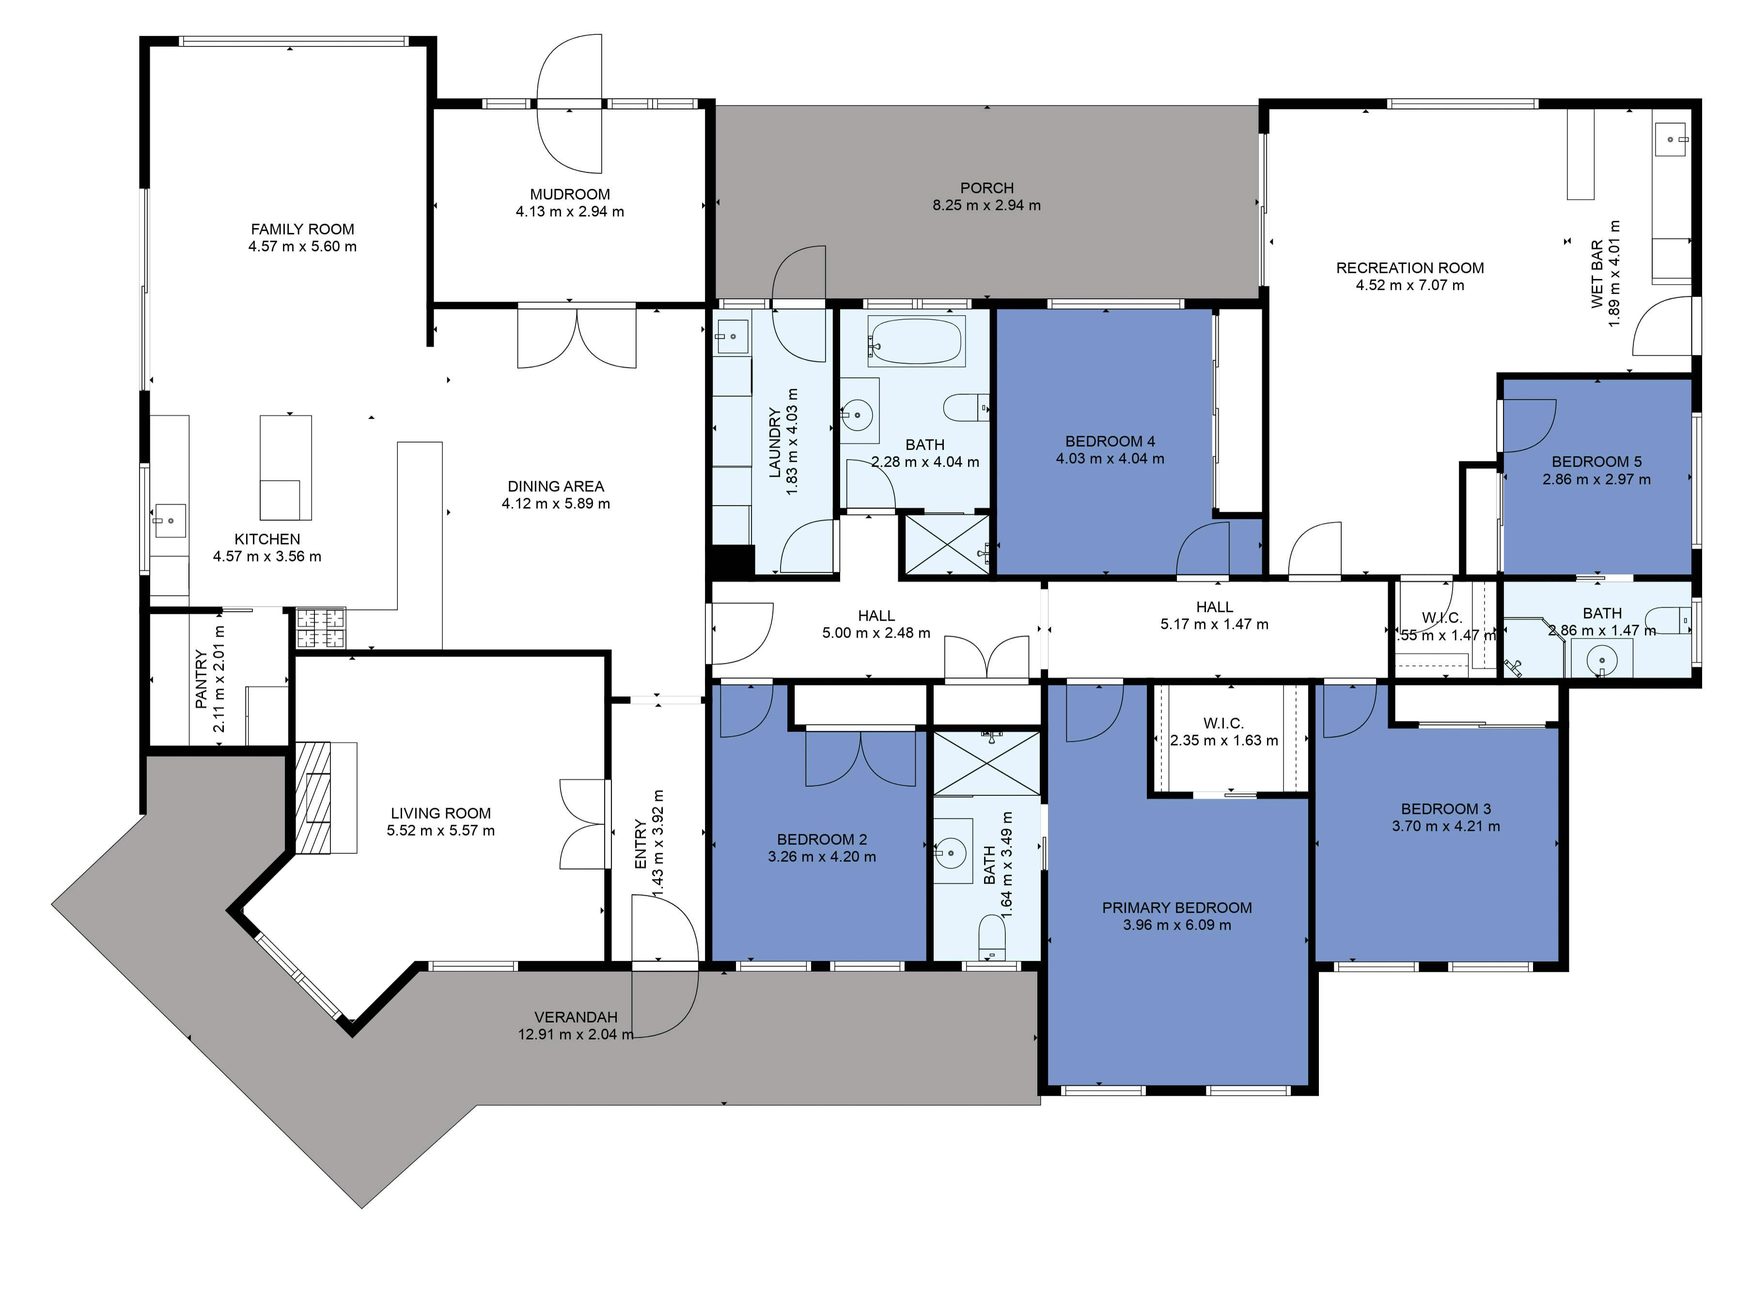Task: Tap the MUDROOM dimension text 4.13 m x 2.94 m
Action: (570, 212)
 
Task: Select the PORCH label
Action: (986, 188)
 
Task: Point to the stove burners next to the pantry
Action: (321, 627)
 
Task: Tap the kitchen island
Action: (285, 467)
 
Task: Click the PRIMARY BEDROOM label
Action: (1177, 908)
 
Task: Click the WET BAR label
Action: (1597, 273)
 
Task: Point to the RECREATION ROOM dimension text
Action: (1410, 285)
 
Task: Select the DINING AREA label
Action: (556, 486)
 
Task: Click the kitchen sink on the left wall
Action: (170, 521)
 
